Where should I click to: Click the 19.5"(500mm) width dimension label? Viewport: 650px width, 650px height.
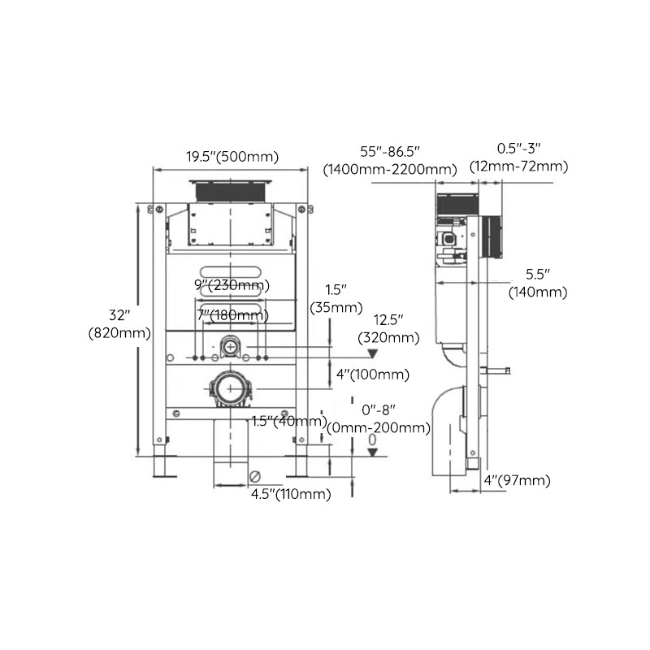[232, 157]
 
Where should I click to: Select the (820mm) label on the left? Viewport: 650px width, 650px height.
[119, 332]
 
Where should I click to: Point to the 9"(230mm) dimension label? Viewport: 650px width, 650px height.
[232, 285]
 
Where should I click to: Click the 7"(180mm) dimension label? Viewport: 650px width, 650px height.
[232, 314]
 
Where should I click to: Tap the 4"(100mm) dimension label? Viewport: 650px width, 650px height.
[372, 375]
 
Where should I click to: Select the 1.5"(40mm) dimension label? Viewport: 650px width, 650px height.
[288, 421]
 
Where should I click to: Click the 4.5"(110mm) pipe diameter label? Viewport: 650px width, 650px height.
[290, 494]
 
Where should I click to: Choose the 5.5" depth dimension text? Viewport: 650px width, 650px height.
[538, 275]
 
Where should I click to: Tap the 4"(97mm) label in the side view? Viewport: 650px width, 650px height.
[517, 481]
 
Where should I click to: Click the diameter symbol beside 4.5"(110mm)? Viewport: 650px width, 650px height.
[255, 476]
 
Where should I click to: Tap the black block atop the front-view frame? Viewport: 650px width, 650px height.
[232, 189]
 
